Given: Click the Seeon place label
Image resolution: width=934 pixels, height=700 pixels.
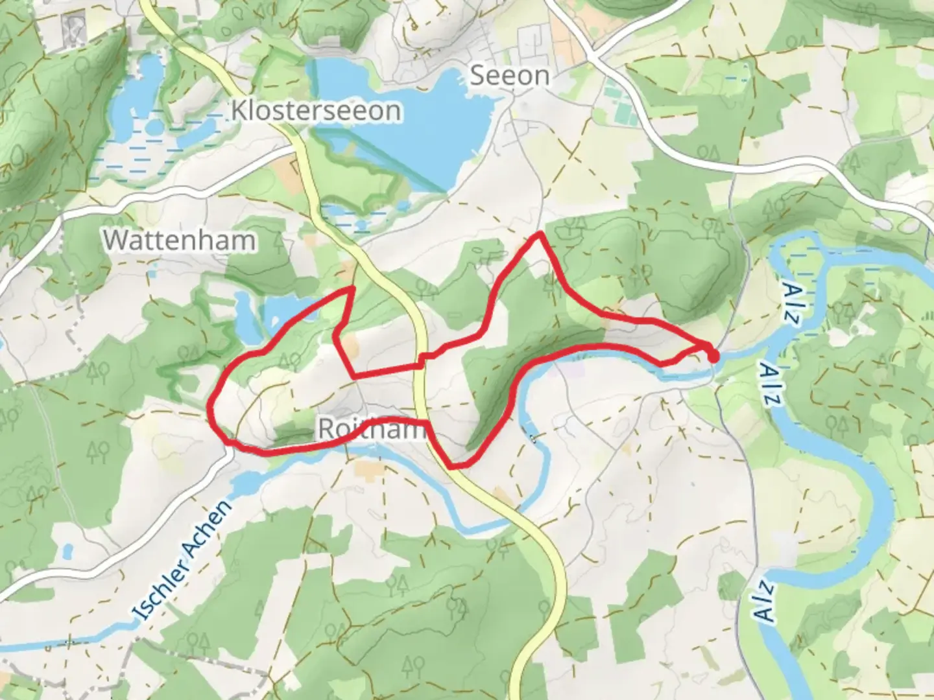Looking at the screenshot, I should click(x=509, y=76).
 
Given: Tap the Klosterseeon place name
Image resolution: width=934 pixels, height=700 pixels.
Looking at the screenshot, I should click(x=316, y=111).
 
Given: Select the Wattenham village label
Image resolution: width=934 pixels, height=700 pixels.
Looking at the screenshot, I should click(x=180, y=240).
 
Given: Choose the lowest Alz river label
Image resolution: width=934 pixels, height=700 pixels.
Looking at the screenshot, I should click(x=766, y=602).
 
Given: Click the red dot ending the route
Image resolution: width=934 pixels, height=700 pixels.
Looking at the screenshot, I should click(x=713, y=356).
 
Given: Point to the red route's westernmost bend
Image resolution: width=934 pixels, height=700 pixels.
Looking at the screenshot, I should click(x=211, y=407).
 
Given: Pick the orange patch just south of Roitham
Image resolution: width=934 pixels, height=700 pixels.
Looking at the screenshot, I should click(x=368, y=471).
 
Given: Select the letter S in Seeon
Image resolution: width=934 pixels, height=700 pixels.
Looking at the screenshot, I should click(x=477, y=76).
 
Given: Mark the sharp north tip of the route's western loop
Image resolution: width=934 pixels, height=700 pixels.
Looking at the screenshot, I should click(x=352, y=287).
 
